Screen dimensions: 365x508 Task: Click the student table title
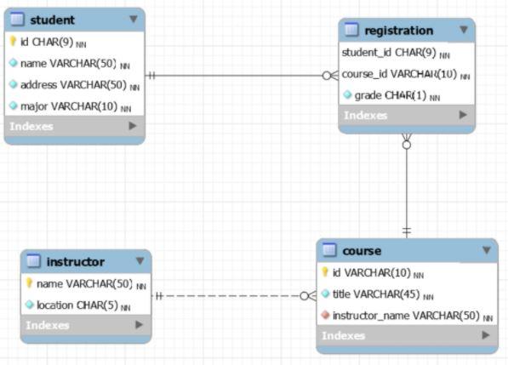(x=53, y=20)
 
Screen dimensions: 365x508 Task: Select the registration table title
(x=398, y=31)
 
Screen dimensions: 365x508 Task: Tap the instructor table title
(x=76, y=261)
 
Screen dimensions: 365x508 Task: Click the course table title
(x=362, y=250)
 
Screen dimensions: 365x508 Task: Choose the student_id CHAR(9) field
(x=388, y=53)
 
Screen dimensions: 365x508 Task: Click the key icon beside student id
(x=13, y=41)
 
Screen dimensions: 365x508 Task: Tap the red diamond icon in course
(x=325, y=316)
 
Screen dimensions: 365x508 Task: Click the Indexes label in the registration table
(x=365, y=116)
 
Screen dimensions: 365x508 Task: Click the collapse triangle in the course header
(x=486, y=250)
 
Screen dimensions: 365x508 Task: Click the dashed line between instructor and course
(x=230, y=296)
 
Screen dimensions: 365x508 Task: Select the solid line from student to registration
(x=238, y=75)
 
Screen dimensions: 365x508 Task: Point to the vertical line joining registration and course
(x=406, y=187)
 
